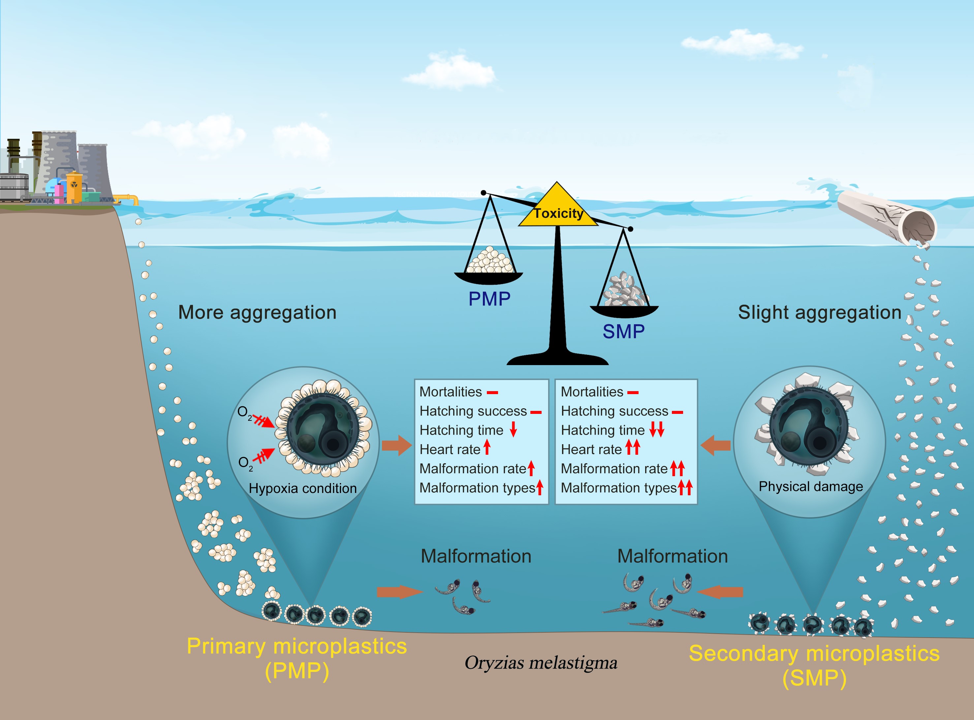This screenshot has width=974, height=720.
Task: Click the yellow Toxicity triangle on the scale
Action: coord(557,207)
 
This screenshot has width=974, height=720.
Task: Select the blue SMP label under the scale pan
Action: coord(623,332)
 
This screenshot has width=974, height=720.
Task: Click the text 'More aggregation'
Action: coord(257,312)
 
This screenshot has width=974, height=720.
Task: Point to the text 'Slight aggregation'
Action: coord(819,312)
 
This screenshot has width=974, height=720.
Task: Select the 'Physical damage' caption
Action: coord(810,486)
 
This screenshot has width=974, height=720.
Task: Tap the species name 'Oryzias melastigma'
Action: coord(541,663)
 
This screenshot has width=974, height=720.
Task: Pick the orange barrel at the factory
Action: coord(74,187)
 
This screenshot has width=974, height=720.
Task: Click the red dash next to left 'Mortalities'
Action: coord(492,393)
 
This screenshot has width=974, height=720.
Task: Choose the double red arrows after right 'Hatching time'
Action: coord(656,430)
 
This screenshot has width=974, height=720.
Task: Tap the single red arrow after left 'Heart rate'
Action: coord(487,447)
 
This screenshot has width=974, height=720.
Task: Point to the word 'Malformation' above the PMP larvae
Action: coord(476,557)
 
